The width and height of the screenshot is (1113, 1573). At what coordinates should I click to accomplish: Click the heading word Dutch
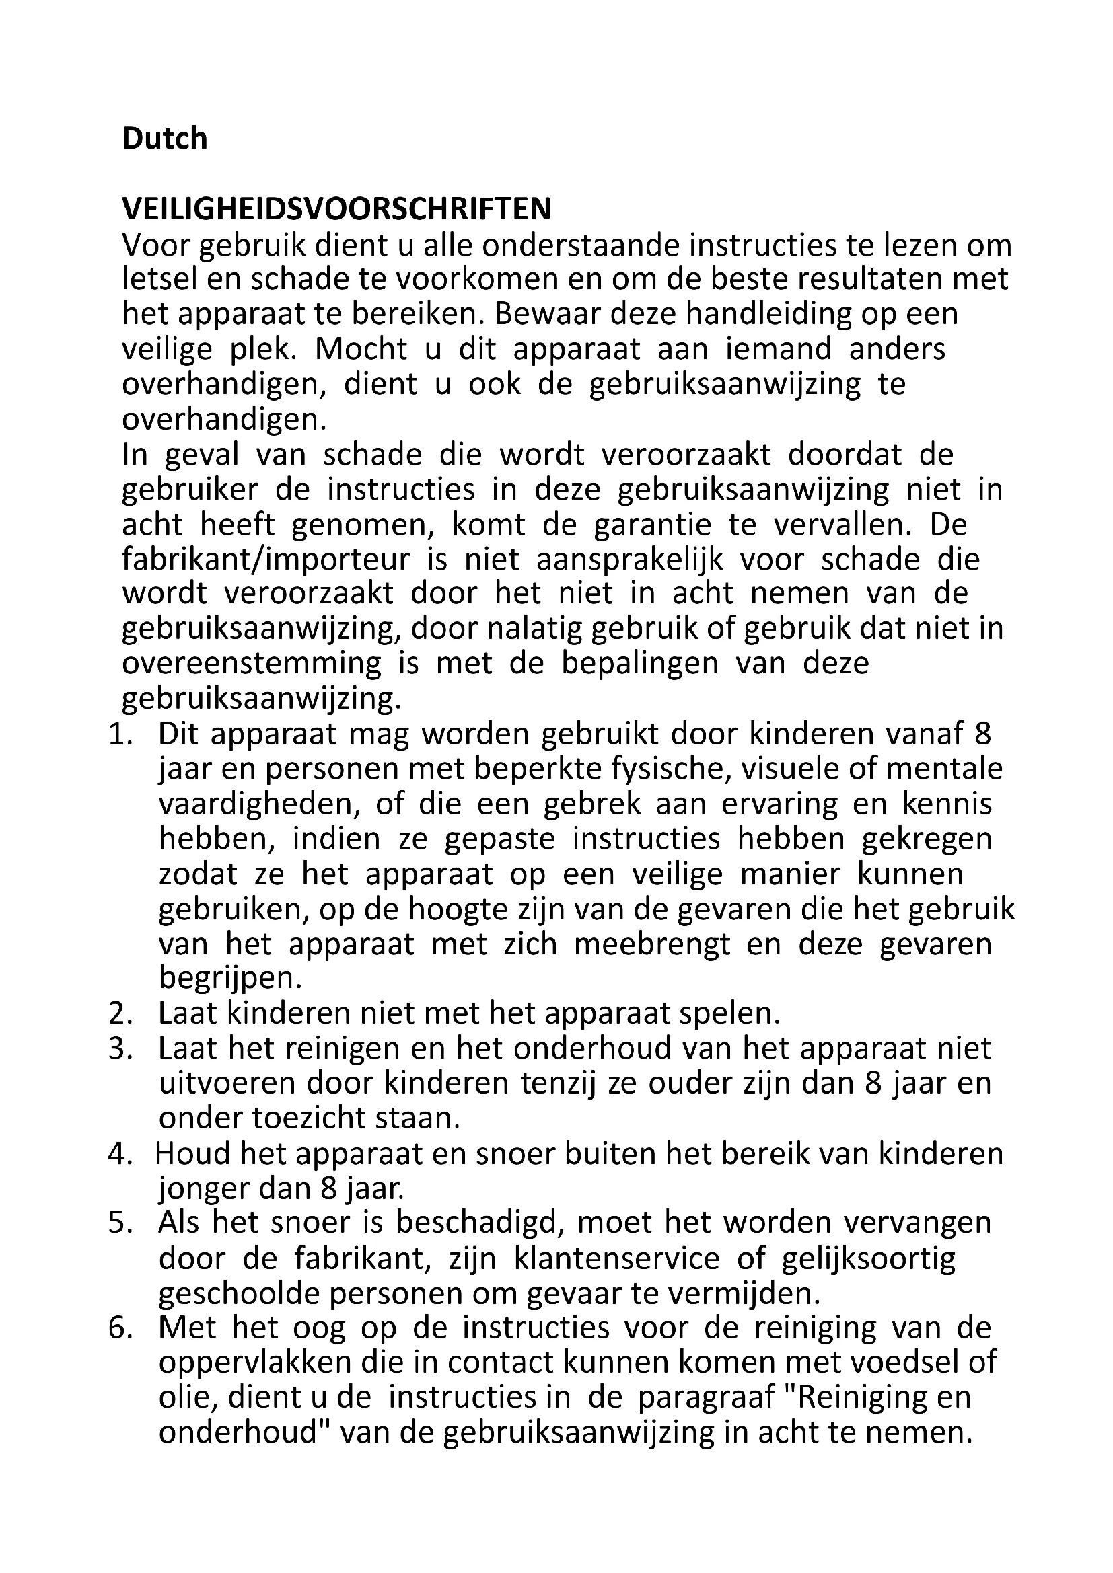pyautogui.click(x=164, y=139)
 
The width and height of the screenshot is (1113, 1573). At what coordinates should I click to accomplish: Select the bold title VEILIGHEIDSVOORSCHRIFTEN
pyautogui.click(x=336, y=210)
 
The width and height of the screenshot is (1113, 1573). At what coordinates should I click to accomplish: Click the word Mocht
pyautogui.click(x=362, y=350)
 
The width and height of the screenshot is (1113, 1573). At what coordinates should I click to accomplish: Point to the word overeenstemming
pyautogui.click(x=252, y=664)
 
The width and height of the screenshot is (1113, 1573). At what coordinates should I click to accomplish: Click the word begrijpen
pyautogui.click(x=230, y=979)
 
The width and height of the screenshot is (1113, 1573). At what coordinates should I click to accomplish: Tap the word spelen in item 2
pyautogui.click(x=730, y=1014)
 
